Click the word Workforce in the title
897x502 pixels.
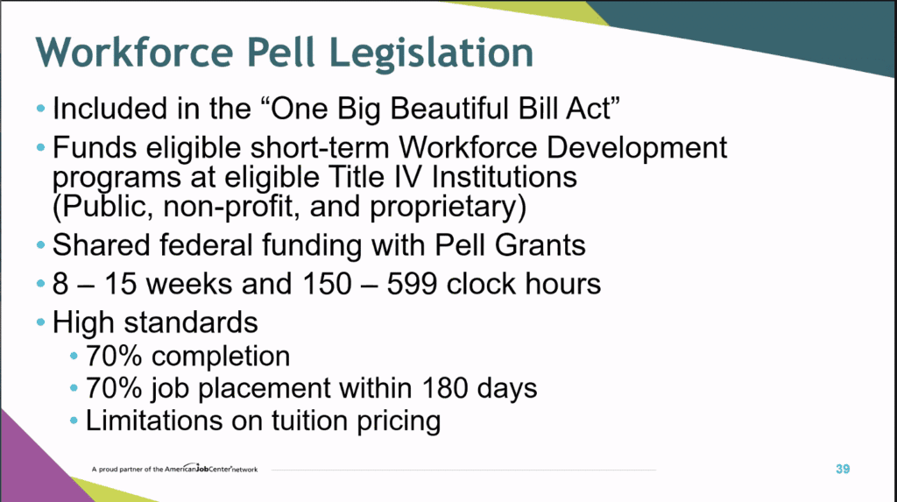(134, 52)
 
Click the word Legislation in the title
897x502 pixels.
(431, 53)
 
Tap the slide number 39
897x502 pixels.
(843, 470)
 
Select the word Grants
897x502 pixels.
(540, 245)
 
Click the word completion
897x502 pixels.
(221, 357)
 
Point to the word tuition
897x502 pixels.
(309, 421)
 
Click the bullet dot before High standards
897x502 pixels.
(40, 322)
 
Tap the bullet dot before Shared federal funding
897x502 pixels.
(40, 245)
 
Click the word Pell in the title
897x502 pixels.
(281, 52)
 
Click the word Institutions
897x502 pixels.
(504, 177)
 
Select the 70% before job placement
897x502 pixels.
(114, 388)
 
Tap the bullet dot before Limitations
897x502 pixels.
(74, 421)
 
